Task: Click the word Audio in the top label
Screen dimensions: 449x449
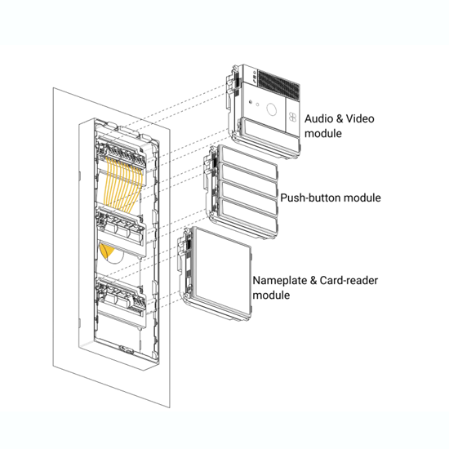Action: click(x=318, y=118)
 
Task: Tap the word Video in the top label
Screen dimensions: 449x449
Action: click(x=360, y=118)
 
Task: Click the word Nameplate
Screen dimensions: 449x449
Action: click(x=280, y=281)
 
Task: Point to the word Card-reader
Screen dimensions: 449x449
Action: click(x=349, y=280)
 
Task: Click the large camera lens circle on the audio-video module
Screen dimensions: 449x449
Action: click(x=272, y=109)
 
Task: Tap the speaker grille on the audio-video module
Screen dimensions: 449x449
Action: click(x=279, y=83)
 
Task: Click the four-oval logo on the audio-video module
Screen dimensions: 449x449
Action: click(x=292, y=117)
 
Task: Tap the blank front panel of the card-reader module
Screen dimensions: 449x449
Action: click(x=222, y=272)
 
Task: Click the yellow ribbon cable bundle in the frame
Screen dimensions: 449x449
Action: click(x=122, y=184)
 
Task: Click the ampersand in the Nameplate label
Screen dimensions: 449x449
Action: click(x=313, y=281)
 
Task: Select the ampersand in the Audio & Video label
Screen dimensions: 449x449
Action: click(x=339, y=118)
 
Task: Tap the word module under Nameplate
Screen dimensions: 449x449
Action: click(x=271, y=296)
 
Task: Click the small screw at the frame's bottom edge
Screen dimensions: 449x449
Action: click(x=125, y=349)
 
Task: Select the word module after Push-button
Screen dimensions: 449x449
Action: click(x=362, y=198)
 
